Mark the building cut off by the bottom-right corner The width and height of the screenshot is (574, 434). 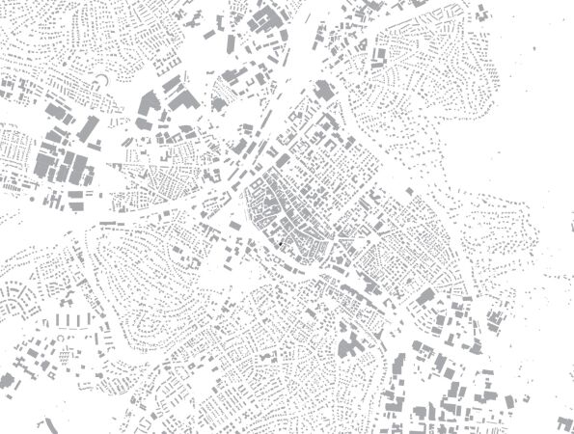coord(565,423)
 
